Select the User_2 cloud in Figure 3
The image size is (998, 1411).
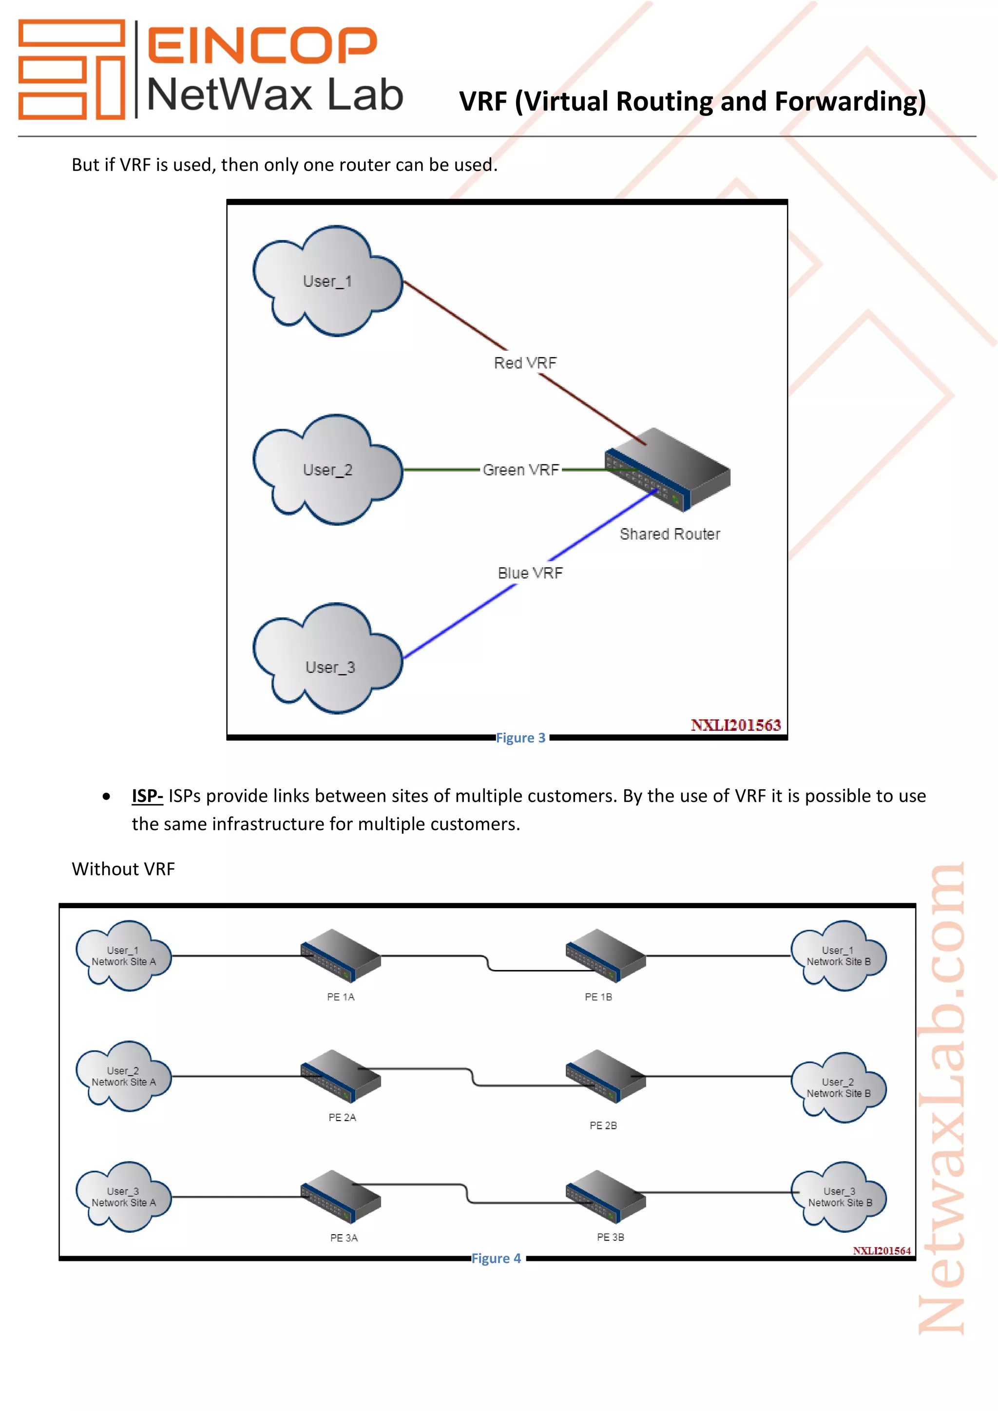[x=327, y=470]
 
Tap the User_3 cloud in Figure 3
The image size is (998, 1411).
[x=327, y=658]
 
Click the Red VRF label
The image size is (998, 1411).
[x=525, y=363]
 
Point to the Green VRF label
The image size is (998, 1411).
[x=521, y=470]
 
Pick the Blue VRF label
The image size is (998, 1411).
[x=530, y=573]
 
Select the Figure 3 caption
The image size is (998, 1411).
[x=521, y=738]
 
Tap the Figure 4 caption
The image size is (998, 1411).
[x=497, y=1258]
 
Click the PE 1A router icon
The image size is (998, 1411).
[x=341, y=955]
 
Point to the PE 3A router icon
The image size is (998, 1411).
[x=341, y=1197]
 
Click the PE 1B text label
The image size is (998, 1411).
[x=598, y=997]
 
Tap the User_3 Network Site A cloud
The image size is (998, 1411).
[x=123, y=1197]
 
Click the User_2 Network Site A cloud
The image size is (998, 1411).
[x=123, y=1076]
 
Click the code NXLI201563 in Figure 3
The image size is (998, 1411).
[x=736, y=725]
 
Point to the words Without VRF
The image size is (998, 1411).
[x=123, y=869]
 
